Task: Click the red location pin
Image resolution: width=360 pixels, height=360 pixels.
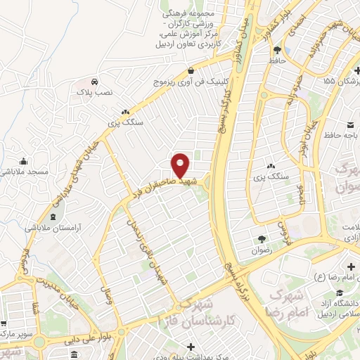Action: pyautogui.click(x=181, y=165)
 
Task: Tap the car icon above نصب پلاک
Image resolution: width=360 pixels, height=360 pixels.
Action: pyautogui.click(x=94, y=80)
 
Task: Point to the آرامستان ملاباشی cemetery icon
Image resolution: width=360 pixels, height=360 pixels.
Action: pyautogui.click(x=54, y=216)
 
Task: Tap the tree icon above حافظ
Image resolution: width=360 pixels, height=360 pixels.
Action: pyautogui.click(x=277, y=50)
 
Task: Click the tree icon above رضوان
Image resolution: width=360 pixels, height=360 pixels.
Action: pyautogui.click(x=262, y=239)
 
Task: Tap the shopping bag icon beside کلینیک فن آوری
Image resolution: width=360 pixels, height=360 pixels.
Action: pyautogui.click(x=191, y=70)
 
